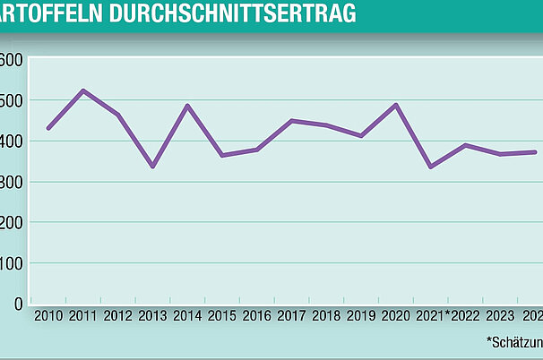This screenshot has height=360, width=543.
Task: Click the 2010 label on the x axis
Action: (47, 316)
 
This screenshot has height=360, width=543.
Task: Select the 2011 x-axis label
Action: (83, 316)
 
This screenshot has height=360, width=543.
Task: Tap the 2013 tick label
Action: (153, 316)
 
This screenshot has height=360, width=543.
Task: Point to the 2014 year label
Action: (188, 316)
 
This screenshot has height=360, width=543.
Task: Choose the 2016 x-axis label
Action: (257, 316)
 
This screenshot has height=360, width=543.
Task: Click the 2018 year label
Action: (326, 316)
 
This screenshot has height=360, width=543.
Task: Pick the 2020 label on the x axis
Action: (395, 316)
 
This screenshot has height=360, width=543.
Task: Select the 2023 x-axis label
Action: (501, 316)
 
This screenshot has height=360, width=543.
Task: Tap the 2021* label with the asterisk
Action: (432, 316)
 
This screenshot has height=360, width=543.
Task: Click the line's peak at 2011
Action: (83, 90)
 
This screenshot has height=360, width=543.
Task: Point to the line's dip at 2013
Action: (152, 167)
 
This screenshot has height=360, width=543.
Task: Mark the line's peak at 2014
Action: (187, 106)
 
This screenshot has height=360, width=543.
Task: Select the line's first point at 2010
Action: (48, 128)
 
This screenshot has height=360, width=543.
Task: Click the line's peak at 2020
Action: (395, 105)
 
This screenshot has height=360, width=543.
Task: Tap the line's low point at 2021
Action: (430, 167)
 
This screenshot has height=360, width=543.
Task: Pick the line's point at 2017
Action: (291, 120)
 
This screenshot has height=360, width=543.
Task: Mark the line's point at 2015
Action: (222, 156)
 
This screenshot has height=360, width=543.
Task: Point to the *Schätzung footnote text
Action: (514, 341)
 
